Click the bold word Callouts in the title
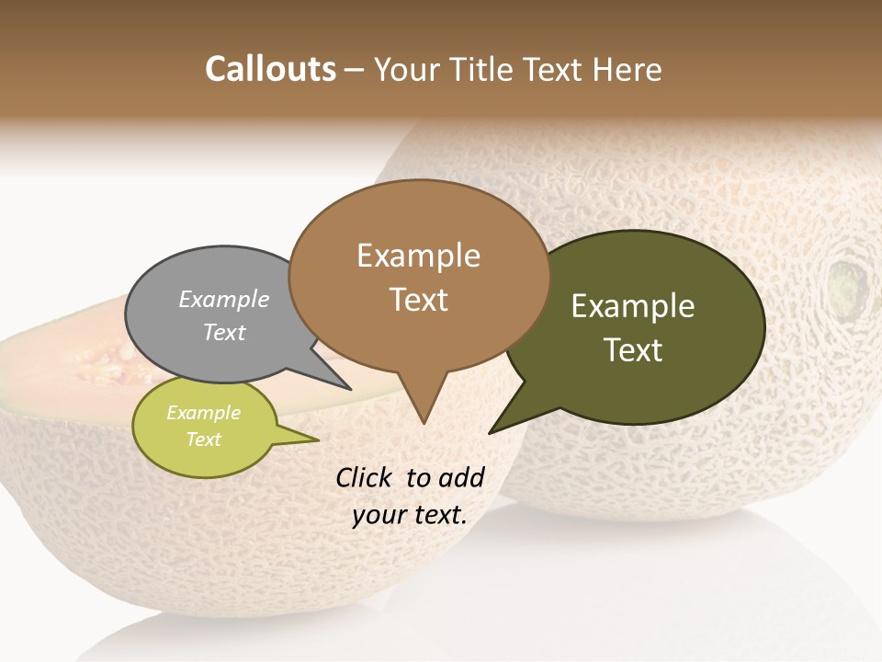[x=271, y=69]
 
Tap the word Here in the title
[x=628, y=70]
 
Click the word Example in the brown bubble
[x=418, y=256]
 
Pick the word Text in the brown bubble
[x=418, y=300]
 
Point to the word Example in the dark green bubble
[x=633, y=306]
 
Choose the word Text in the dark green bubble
[x=633, y=350]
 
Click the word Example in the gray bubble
[x=223, y=299]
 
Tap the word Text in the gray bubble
[x=223, y=332]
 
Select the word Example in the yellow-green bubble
[x=203, y=413]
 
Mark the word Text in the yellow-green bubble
[x=203, y=439]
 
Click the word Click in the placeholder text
[x=365, y=477]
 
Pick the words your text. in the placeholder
[x=409, y=515]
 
